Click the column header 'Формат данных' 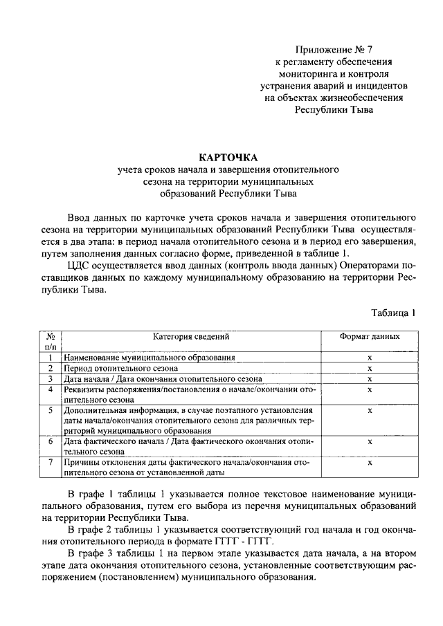[x=369, y=336]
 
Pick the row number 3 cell [x=51, y=379]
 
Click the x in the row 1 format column [x=370, y=358]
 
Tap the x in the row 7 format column [x=370, y=463]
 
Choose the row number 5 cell [x=51, y=410]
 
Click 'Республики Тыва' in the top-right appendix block [x=333, y=110]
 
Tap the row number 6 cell [x=51, y=441]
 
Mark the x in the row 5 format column [x=370, y=410]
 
